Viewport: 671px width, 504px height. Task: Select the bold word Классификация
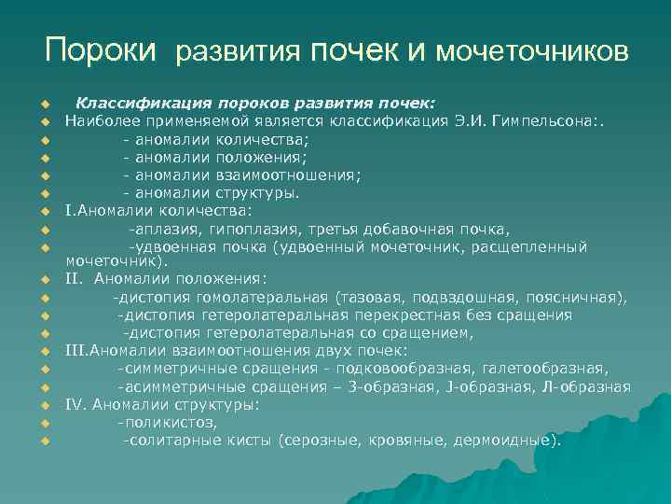pos(132,103)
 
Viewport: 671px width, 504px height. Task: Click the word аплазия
pos(161,230)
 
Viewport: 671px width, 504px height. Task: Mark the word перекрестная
pos(396,315)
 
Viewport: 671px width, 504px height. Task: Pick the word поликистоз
pos(168,422)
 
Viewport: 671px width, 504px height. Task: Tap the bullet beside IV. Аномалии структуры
pos(43,405)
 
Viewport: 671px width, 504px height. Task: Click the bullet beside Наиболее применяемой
pos(43,121)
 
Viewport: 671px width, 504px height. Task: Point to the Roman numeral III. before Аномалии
pos(75,351)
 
